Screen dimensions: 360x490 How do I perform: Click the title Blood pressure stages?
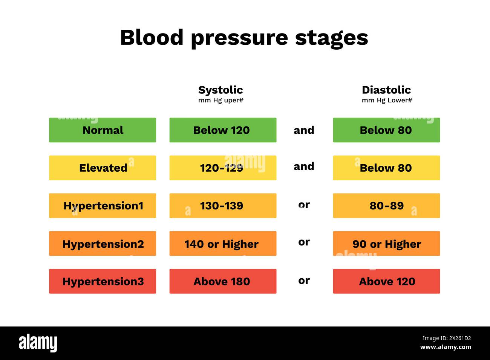pos(244,38)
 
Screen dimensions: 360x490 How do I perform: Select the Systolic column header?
pos(220,90)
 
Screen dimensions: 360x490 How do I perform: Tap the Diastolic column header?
pos(386,90)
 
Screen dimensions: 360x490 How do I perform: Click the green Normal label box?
pos(103,130)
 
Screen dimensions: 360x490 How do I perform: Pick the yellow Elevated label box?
pos(103,168)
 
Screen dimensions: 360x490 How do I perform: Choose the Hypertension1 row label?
pos(103,206)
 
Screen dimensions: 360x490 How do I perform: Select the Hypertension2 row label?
pos(103,244)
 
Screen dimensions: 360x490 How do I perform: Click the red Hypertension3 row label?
pos(103,281)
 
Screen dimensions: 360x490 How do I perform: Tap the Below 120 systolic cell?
pos(223,130)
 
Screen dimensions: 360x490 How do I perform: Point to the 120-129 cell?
pos(223,168)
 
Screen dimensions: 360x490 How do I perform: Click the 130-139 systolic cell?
pos(223,206)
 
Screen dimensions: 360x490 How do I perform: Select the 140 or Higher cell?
pos(223,244)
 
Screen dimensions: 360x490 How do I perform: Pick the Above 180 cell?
pos(223,281)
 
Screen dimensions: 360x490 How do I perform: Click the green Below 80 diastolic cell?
pos(386,130)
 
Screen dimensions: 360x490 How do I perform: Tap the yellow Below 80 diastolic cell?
pos(386,168)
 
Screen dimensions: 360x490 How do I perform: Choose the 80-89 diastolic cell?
pos(386,206)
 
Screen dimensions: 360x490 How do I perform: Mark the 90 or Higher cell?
pos(386,244)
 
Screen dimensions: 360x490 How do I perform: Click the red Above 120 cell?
pos(386,281)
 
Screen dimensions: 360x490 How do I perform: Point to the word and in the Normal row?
pos(304,130)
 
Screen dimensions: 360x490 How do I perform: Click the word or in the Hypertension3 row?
pos(304,281)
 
